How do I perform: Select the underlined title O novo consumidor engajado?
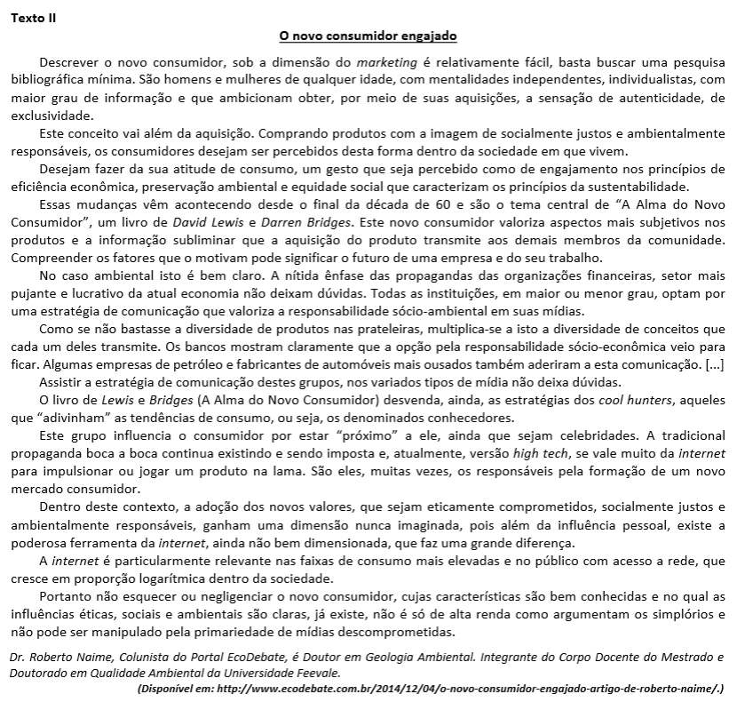(368, 36)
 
